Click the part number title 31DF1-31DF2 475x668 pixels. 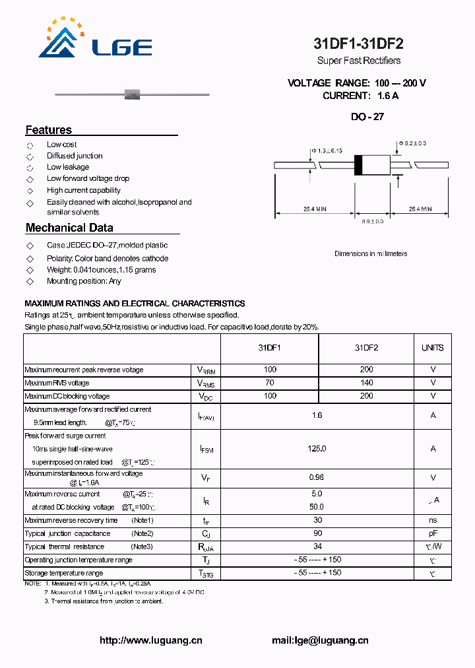358,44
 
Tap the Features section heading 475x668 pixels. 49,130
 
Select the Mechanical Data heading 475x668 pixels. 69,228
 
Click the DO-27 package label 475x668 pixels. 367,117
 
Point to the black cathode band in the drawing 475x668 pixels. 358,164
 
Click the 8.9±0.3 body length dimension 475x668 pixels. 373,222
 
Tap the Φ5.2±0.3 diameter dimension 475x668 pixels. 412,143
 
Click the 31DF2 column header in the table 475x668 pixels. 366,348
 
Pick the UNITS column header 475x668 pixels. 433,348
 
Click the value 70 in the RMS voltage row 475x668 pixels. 269,383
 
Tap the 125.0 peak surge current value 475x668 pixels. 317,449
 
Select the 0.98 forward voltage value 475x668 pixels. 317,477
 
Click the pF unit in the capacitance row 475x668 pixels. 433,533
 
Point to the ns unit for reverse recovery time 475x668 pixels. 433,521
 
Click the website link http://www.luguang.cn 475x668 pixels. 150,640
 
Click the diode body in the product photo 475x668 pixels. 131,95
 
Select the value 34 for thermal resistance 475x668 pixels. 317,547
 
